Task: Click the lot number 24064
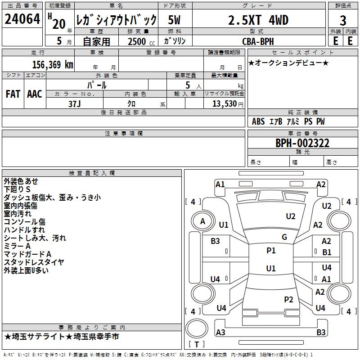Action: click(22, 20)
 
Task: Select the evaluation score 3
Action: click(343, 20)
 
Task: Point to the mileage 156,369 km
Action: click(53, 64)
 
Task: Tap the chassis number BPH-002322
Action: click(302, 143)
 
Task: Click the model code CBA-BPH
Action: click(258, 41)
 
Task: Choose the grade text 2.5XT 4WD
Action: click(258, 20)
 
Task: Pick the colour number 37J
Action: click(75, 103)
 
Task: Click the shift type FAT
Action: click(13, 94)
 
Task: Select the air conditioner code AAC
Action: click(35, 94)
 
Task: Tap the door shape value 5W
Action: click(175, 20)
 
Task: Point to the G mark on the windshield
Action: click(284, 237)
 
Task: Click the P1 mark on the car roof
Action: click(271, 251)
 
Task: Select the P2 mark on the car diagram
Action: click(288, 300)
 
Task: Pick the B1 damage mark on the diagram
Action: click(327, 252)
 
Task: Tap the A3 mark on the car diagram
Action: click(220, 333)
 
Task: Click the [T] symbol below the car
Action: click(196, 344)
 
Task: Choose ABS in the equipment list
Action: click(258, 121)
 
